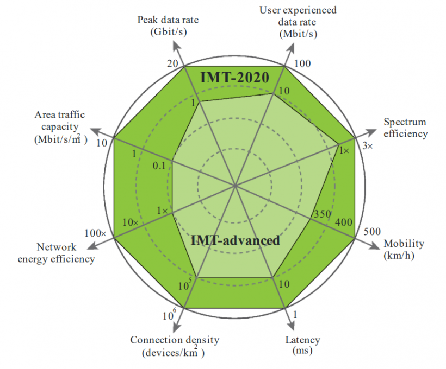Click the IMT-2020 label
pos(235,78)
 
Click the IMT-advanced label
pos(236,240)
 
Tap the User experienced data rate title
pos(298,22)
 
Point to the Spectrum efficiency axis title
pos(405,128)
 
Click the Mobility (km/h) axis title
pos(404,249)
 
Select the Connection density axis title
pos(174,346)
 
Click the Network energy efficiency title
pos(56,252)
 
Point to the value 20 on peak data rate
pos(173,63)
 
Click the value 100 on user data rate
pos(302,63)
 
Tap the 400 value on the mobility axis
pos(344,222)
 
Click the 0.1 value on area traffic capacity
pos(158,166)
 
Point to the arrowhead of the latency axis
pos(292,325)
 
